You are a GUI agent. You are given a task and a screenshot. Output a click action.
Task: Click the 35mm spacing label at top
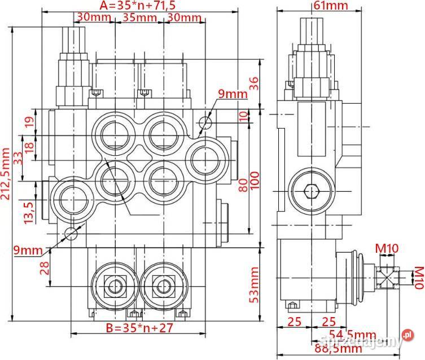[x=139, y=17]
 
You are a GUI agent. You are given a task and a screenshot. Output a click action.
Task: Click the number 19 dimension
[x=30, y=122]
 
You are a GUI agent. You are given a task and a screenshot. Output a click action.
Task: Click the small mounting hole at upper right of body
[x=206, y=122]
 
